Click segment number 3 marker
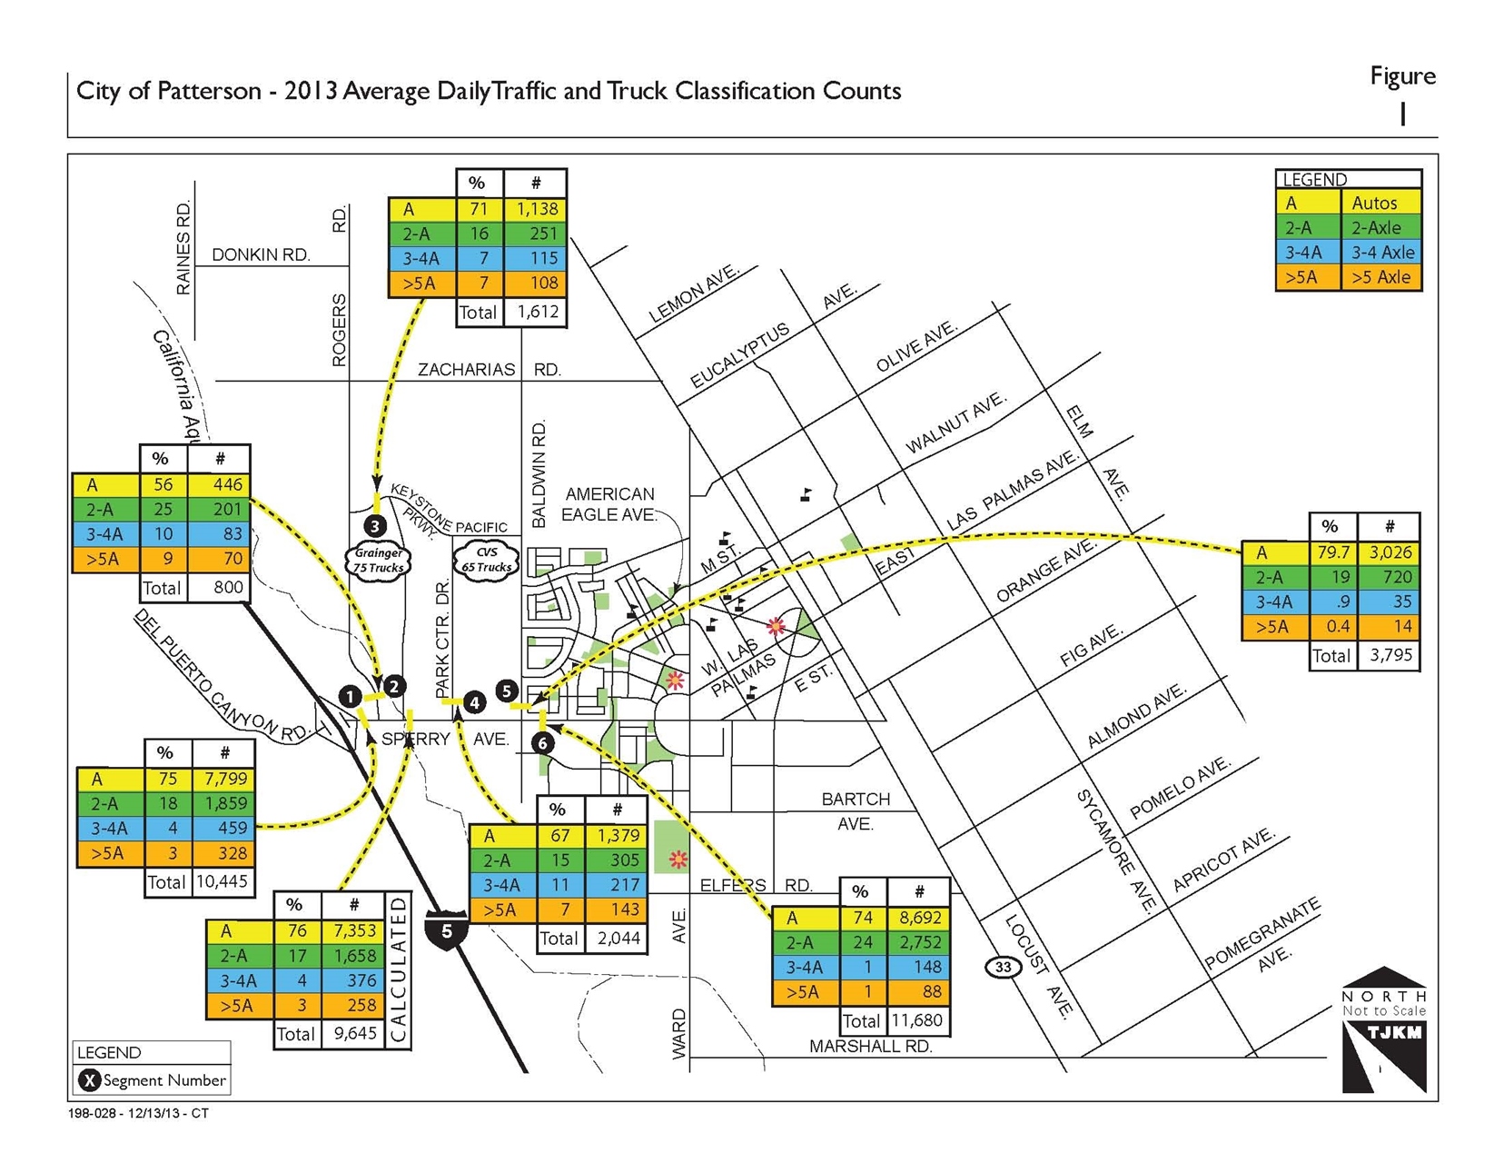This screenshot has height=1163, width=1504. [x=375, y=525]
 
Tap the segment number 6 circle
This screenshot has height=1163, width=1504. [x=542, y=743]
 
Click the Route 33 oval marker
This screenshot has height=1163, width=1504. [x=1003, y=967]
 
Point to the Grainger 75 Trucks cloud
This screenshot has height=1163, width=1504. [x=379, y=560]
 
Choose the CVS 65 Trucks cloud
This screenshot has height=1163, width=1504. [x=487, y=560]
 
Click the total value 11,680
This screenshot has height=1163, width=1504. [x=916, y=1020]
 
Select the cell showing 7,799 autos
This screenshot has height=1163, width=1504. [x=224, y=779]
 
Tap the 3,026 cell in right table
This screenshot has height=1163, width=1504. [x=1389, y=552]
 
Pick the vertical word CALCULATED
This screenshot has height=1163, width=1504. [x=398, y=970]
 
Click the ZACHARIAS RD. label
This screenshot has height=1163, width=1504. [x=489, y=370]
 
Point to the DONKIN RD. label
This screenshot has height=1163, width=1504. [x=261, y=254]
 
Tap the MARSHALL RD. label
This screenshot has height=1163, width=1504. [x=870, y=1047]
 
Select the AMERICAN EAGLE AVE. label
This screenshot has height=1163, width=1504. [x=609, y=504]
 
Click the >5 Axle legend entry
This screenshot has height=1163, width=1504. [x=1380, y=277]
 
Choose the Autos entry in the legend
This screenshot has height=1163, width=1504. [x=1373, y=204]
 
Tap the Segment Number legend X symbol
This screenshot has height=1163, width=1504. [x=89, y=1080]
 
